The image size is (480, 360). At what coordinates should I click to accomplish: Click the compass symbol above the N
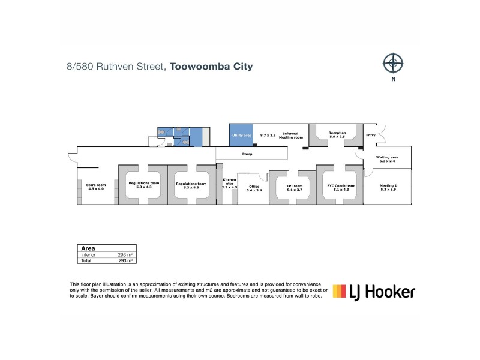tap(393, 62)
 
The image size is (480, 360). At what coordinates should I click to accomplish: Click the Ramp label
tap(247, 154)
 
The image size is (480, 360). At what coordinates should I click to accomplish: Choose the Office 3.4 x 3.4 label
tap(254, 188)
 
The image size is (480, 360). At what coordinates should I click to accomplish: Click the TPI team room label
tap(294, 188)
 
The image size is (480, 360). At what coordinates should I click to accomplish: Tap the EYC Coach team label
tap(341, 188)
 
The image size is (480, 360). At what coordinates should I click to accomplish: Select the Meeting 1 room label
tap(388, 188)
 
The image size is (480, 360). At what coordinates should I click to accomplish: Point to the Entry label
tap(371, 135)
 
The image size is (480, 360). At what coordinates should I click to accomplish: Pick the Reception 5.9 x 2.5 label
tap(337, 134)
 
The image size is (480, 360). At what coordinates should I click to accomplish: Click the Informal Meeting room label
tap(291, 136)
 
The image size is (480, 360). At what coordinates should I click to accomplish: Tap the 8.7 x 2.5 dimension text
tap(268, 136)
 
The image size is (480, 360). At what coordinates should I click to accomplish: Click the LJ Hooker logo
tap(374, 292)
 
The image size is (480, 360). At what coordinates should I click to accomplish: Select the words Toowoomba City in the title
tap(211, 67)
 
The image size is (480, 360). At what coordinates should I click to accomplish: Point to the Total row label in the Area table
tap(86, 261)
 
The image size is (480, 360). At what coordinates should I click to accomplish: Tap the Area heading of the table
tap(88, 248)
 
